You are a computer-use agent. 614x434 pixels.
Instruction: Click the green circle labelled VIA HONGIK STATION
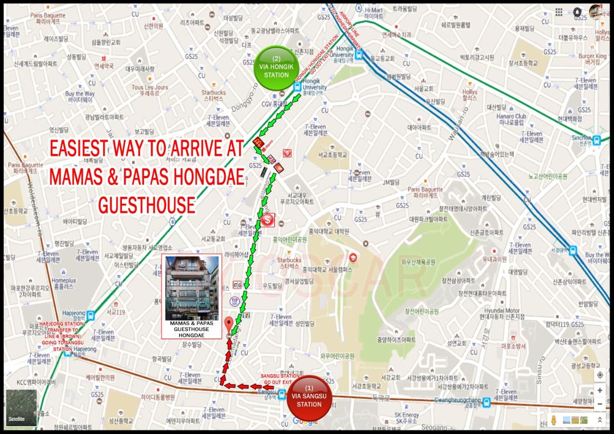click(276, 68)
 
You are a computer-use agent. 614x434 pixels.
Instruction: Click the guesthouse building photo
click(192, 288)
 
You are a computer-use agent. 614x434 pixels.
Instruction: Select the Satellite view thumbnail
click(21, 407)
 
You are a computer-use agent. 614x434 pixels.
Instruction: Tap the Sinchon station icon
click(597, 140)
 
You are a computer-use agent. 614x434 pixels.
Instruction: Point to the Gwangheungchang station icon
click(486, 401)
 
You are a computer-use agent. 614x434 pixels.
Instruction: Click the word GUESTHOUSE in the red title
click(147, 205)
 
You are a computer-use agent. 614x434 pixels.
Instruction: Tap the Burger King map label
click(592, 59)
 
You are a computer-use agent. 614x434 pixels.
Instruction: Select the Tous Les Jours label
click(150, 90)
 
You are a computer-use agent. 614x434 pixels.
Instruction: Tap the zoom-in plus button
click(600, 390)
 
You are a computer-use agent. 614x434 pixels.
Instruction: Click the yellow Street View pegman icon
click(554, 420)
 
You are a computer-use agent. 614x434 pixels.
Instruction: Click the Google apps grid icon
click(559, 12)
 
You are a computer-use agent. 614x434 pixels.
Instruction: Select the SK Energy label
click(407, 418)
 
